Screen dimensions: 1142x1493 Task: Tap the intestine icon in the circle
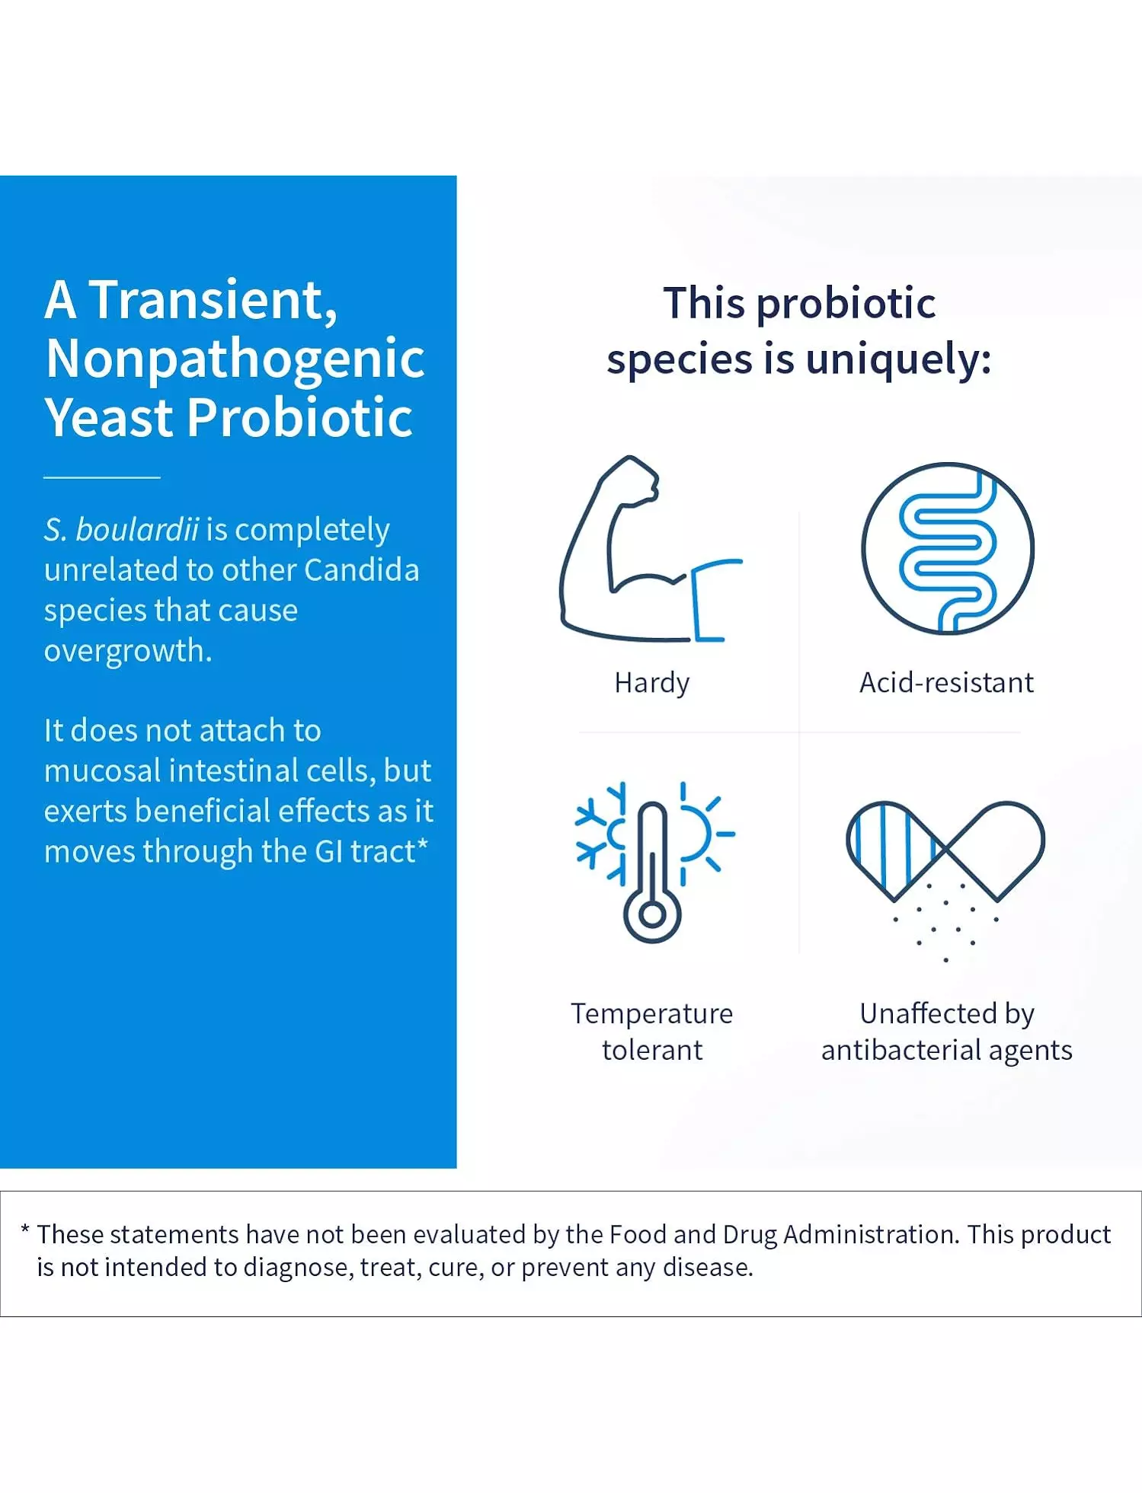(947, 548)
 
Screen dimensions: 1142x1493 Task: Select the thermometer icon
(652, 872)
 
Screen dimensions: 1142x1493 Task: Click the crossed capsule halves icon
(945, 853)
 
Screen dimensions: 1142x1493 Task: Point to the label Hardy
(652, 683)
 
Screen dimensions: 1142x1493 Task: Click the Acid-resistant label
(946, 682)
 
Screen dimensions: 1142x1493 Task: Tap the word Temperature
(652, 1013)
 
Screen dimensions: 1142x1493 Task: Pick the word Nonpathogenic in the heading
(235, 359)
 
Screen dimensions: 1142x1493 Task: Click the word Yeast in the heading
(109, 417)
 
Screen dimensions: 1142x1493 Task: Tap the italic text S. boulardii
(121, 529)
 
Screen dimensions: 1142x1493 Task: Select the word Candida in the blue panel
(361, 569)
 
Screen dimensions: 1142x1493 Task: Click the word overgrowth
(128, 652)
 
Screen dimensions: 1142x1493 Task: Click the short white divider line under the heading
(102, 477)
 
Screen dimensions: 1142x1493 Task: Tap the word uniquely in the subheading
(899, 360)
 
